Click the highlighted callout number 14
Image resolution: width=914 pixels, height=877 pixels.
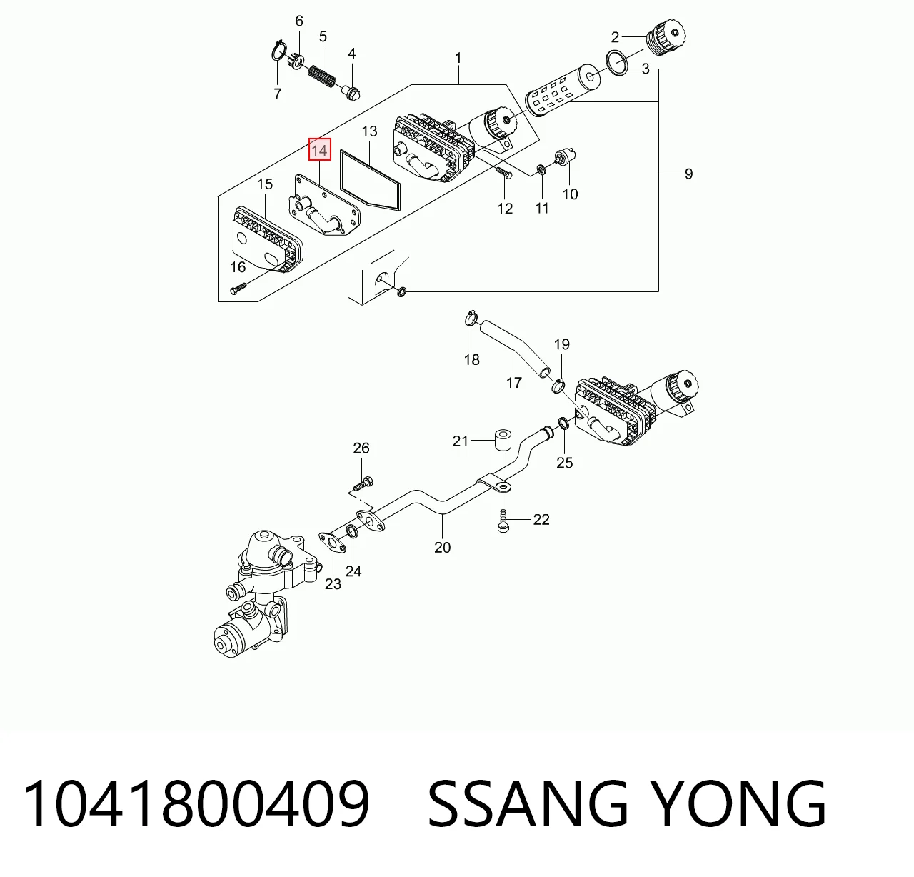[319, 149]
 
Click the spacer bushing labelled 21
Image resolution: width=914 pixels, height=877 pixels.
[503, 440]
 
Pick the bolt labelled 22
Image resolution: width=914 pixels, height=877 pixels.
[503, 521]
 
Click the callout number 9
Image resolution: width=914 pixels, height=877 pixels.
[688, 174]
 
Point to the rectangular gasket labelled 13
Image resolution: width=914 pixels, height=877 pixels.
[371, 180]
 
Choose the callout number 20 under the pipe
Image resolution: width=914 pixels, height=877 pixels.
[443, 547]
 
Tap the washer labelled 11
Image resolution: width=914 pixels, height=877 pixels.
[541, 169]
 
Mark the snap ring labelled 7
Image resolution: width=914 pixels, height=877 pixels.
[279, 51]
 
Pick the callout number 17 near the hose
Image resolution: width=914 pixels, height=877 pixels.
[514, 383]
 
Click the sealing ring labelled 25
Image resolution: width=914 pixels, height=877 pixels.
[564, 424]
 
